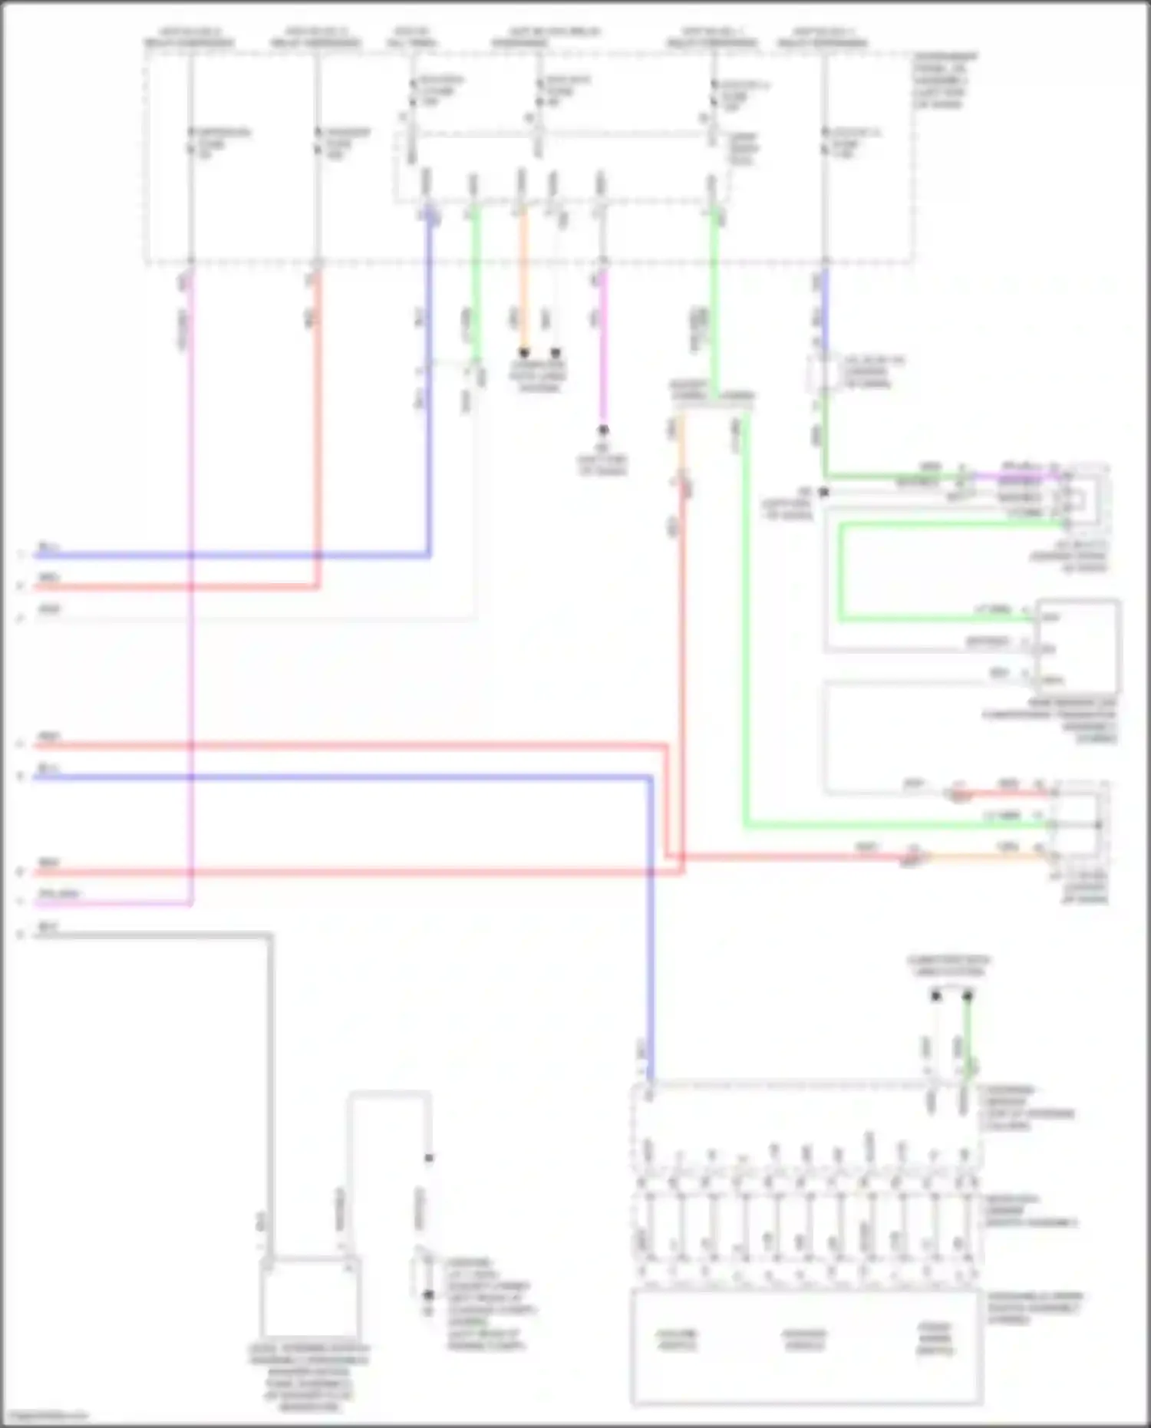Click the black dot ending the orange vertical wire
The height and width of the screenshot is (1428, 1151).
[x=524, y=353]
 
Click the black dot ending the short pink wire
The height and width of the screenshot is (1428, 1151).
[x=603, y=430]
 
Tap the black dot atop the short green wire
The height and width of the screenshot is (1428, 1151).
[x=968, y=996]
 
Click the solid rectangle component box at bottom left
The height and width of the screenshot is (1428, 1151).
[x=309, y=1298]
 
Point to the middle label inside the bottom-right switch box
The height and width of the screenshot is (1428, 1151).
[x=804, y=1340]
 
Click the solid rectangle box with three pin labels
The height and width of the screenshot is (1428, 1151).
[x=1077, y=648]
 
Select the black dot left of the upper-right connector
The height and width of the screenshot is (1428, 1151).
[x=823, y=492]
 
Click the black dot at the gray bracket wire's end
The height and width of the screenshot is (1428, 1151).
[x=429, y=1159]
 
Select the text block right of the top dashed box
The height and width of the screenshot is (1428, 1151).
[x=945, y=80]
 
